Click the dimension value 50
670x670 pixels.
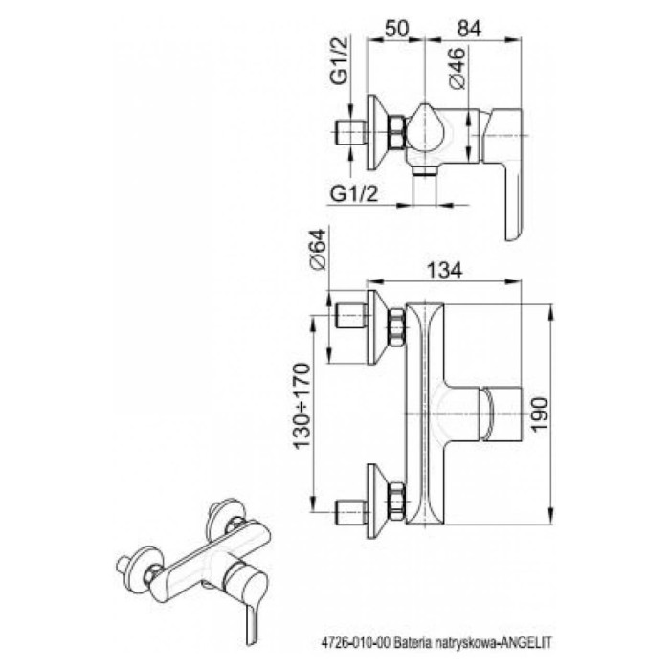click(397, 29)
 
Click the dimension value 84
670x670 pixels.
click(469, 29)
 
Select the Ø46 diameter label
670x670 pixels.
click(457, 68)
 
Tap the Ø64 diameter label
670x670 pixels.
click(318, 250)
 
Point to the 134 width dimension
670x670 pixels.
click(444, 270)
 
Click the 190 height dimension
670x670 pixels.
click(539, 414)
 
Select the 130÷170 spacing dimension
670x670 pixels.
click(301, 406)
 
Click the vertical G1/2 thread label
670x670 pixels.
click(340, 61)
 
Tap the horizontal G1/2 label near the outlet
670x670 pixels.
click(354, 194)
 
